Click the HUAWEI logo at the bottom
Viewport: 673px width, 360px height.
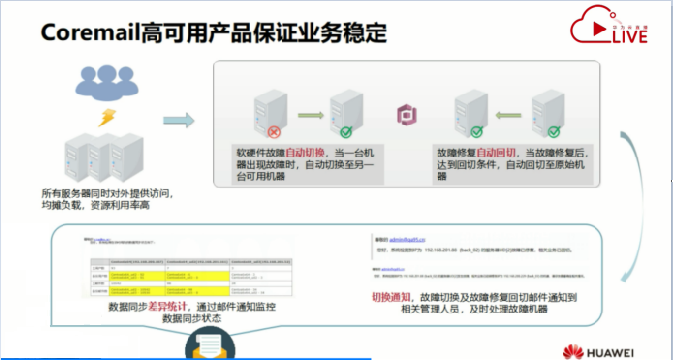[598, 352]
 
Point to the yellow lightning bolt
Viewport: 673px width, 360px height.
[107, 118]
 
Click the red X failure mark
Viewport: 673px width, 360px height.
[274, 131]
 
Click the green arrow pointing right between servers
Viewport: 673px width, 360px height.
[311, 115]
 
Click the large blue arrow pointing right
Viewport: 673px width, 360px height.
[178, 120]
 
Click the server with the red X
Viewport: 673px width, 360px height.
[269, 111]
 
